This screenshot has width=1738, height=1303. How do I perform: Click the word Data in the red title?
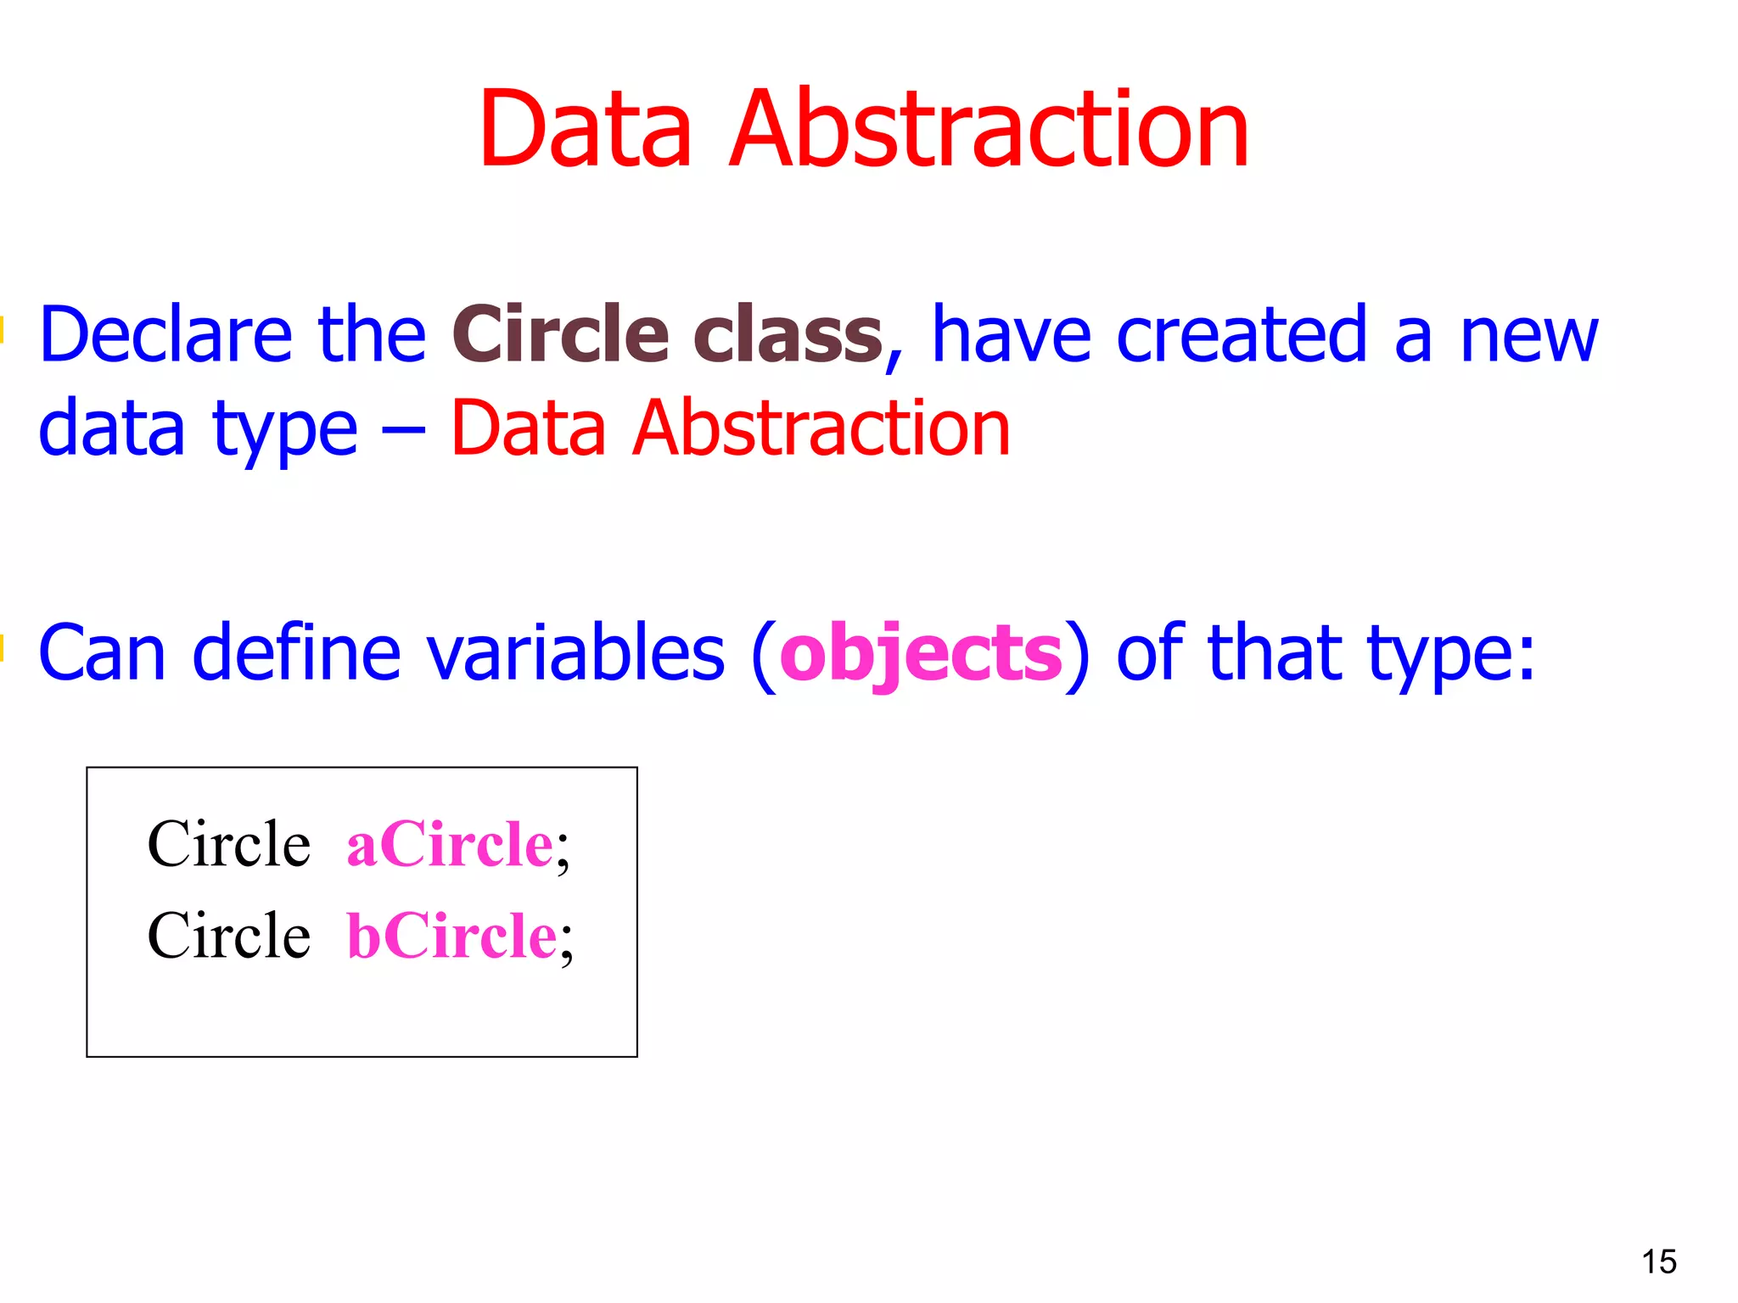(586, 129)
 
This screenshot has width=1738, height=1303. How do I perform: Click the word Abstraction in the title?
(989, 129)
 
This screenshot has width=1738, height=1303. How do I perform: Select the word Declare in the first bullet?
(165, 335)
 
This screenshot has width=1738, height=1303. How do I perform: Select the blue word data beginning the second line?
(111, 428)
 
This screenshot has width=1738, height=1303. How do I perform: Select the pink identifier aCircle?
(450, 845)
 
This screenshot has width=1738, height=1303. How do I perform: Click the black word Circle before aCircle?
(229, 845)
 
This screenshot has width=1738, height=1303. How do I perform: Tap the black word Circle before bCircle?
(229, 937)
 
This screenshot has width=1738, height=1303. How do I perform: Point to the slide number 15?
(1658, 1262)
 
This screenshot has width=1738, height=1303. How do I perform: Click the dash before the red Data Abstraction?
(403, 431)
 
